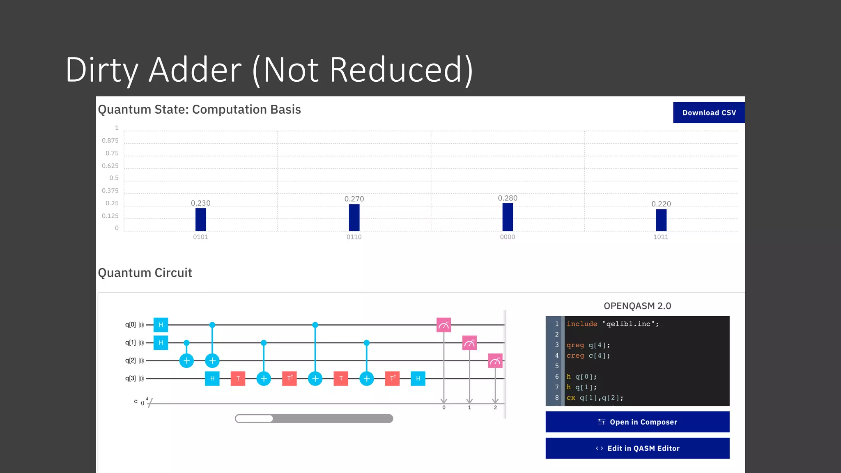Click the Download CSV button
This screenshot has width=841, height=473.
tap(709, 113)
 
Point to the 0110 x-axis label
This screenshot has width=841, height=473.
tap(354, 237)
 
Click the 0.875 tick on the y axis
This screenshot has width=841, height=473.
tap(110, 140)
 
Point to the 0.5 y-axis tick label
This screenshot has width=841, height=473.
tap(114, 178)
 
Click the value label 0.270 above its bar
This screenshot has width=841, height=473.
tap(354, 199)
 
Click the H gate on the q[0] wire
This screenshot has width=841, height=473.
tap(161, 325)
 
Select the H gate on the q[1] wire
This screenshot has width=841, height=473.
tap(161, 342)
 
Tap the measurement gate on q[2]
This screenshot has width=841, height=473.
tap(495, 360)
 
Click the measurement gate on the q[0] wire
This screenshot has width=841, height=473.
tap(443, 325)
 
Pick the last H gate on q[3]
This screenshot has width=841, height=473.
tap(418, 378)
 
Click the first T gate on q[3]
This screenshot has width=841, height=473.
tap(238, 378)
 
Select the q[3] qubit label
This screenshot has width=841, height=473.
tap(130, 378)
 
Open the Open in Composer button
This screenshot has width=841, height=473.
tap(637, 422)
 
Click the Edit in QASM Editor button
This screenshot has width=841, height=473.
tap(637, 448)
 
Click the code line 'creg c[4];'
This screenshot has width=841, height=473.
tap(588, 356)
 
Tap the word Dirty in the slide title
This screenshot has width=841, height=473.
tap(102, 70)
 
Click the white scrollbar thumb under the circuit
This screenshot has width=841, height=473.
tap(254, 418)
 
